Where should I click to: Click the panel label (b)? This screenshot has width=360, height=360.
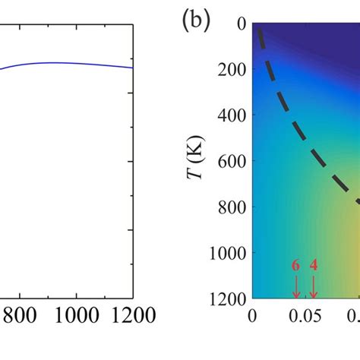195,21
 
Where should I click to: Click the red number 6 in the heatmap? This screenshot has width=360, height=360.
296,266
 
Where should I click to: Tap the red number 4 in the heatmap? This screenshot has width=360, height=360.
314,266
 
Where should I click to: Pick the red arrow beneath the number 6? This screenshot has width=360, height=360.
296,286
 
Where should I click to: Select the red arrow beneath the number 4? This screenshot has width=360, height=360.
314,286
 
